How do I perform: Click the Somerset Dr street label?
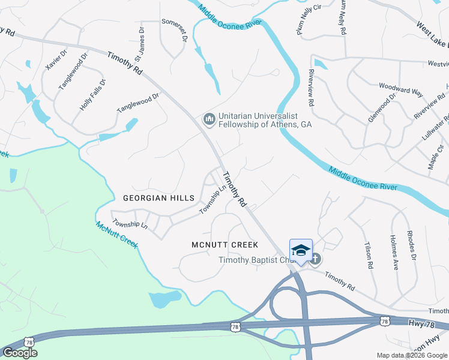point(174,29)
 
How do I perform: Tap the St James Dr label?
point(140,43)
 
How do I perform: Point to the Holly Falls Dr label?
point(93,94)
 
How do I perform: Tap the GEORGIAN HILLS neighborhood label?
point(158,198)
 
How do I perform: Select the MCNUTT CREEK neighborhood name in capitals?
point(224,245)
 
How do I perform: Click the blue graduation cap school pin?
point(301,251)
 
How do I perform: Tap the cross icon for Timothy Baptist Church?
point(315,259)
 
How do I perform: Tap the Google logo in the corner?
point(20,353)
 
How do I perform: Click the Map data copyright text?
point(411,355)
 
